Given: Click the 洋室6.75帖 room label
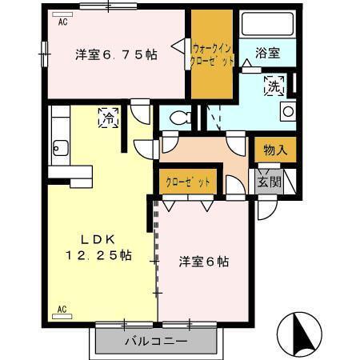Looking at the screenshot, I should click(x=115, y=54).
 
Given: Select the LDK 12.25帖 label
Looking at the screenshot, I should click(x=98, y=247).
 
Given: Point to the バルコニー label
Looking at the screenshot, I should click(x=156, y=342).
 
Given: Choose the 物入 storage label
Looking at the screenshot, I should click(x=274, y=149).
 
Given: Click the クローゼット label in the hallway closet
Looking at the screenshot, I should click(x=188, y=182).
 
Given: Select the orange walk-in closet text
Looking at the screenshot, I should click(x=213, y=53).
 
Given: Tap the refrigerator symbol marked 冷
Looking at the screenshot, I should click(x=107, y=118).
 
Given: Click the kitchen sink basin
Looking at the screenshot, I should click(x=58, y=147).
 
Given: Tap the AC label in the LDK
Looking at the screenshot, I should click(x=62, y=308).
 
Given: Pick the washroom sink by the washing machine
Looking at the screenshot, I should click(x=286, y=112).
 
